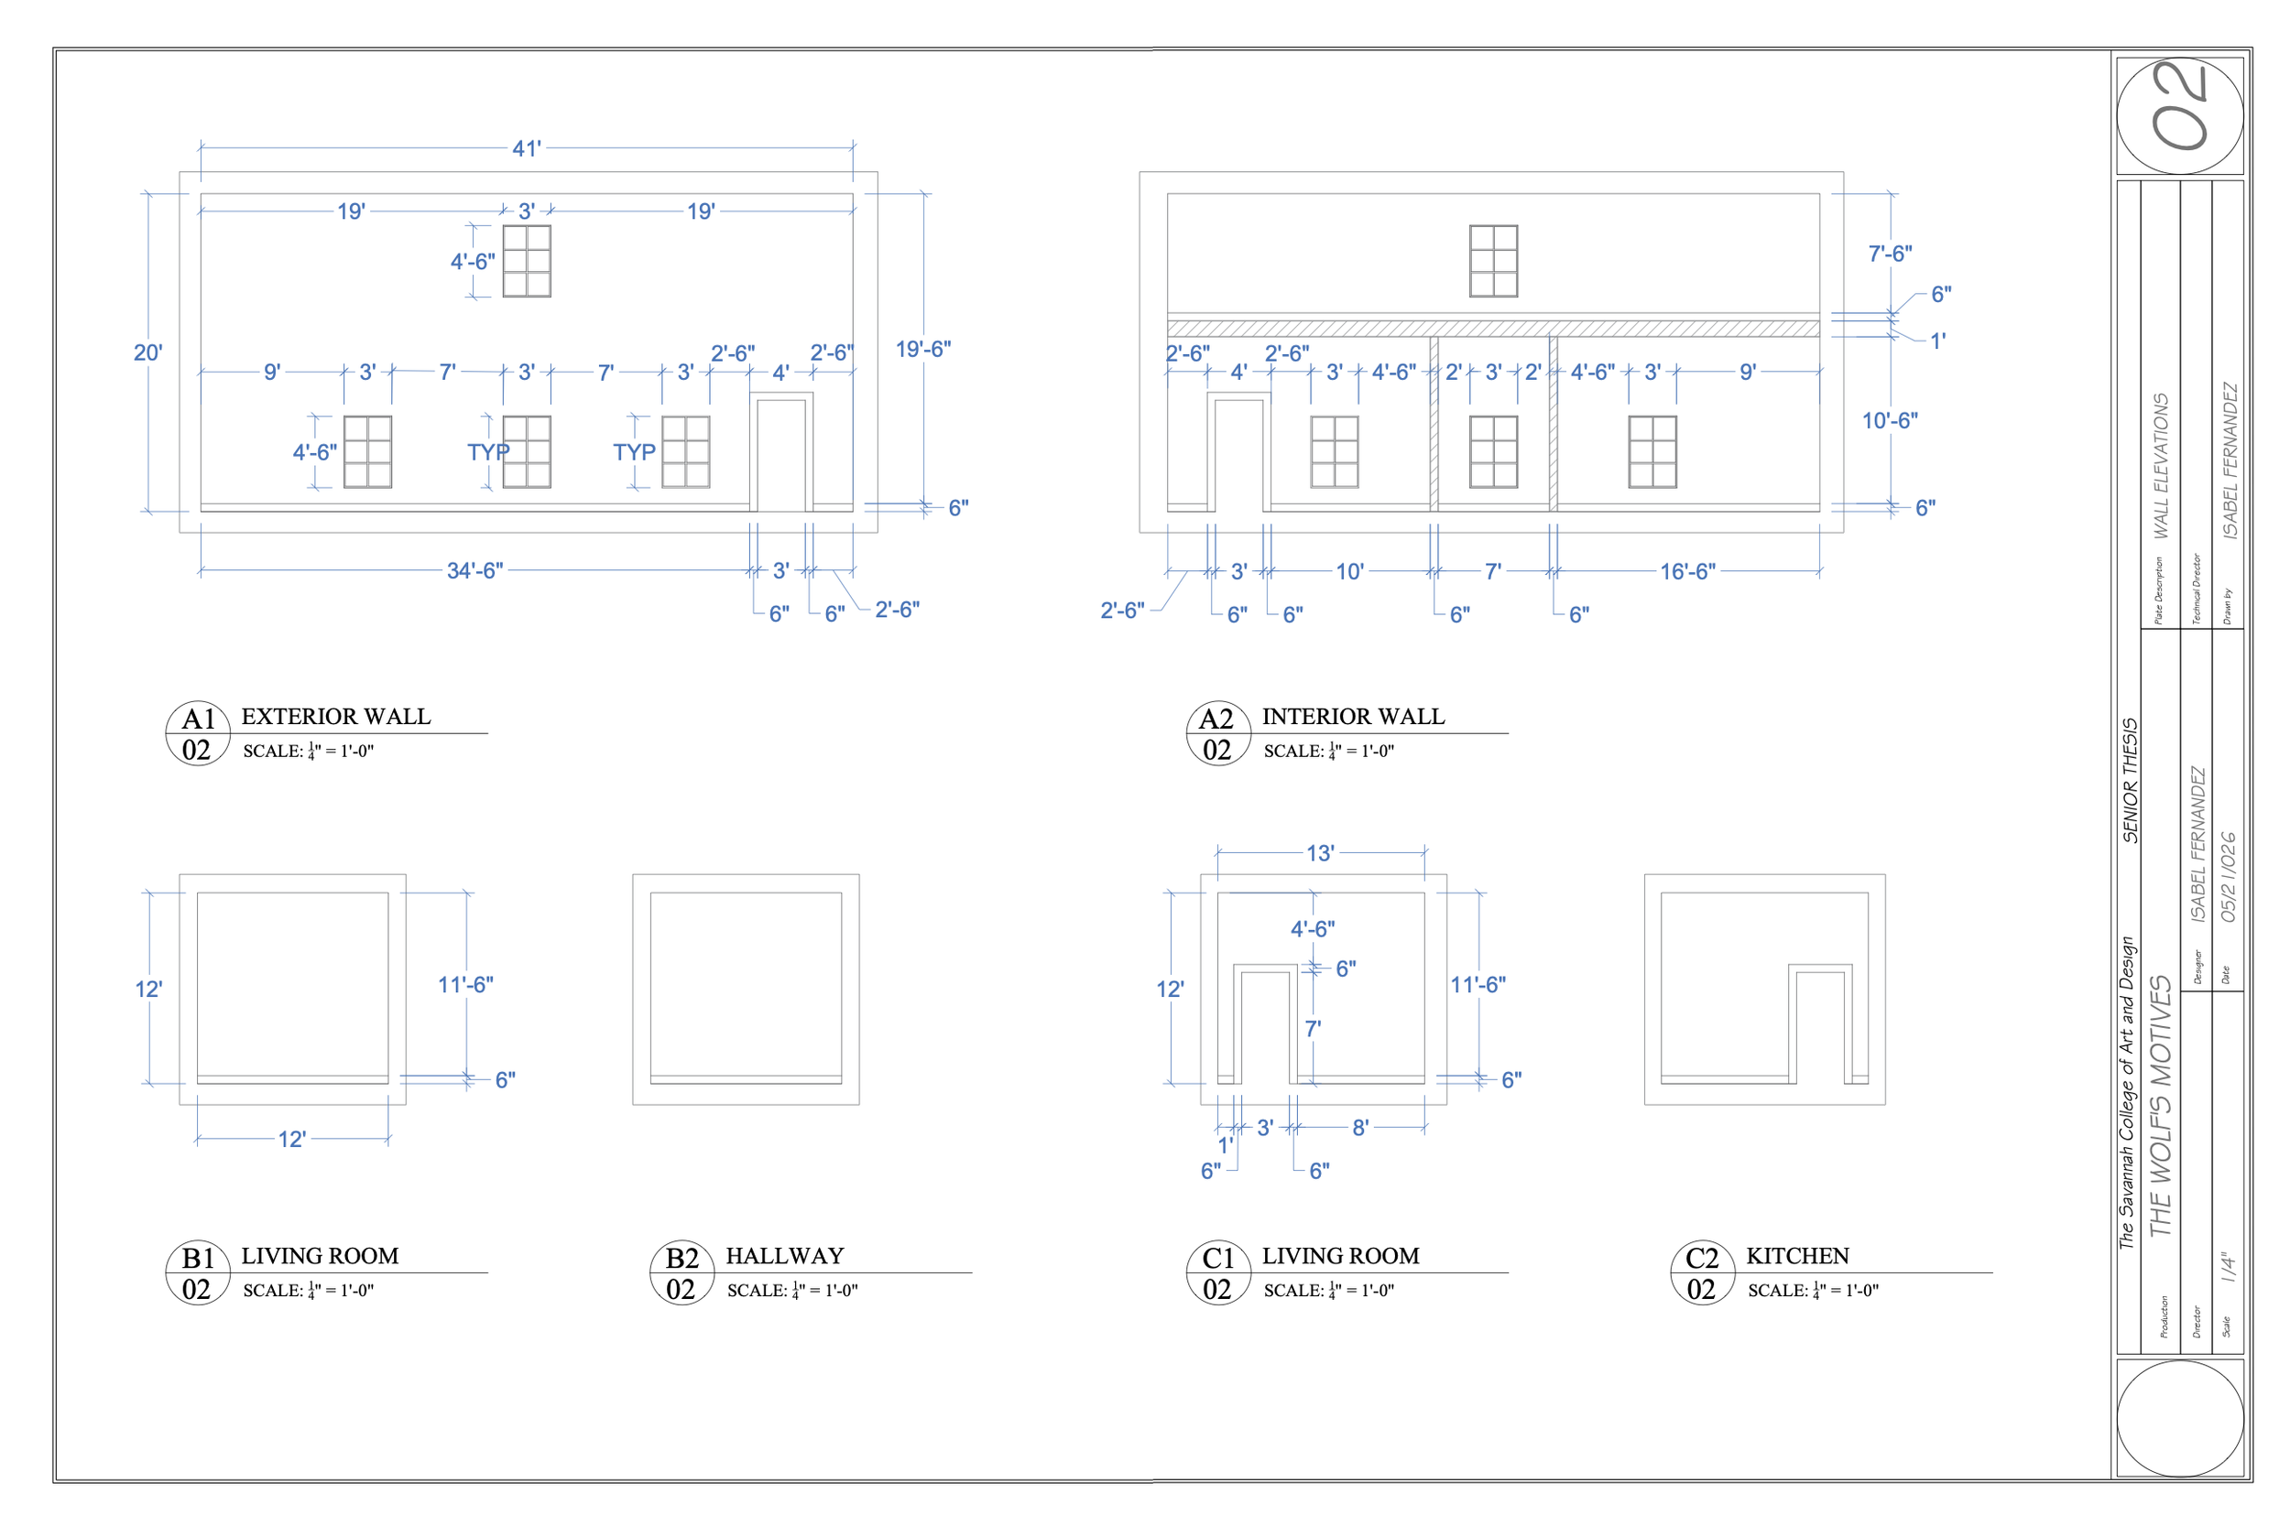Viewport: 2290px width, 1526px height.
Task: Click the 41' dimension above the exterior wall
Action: point(527,149)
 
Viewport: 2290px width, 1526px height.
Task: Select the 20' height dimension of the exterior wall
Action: point(148,352)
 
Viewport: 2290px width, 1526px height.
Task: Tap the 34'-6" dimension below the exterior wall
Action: point(475,571)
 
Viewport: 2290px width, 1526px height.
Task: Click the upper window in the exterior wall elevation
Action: point(527,261)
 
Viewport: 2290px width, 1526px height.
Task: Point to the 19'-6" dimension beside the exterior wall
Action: point(923,349)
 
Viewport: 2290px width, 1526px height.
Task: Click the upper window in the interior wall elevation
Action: point(1494,261)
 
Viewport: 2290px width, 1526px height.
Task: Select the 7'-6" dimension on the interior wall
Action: point(1890,253)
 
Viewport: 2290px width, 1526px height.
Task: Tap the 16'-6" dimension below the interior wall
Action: point(1688,571)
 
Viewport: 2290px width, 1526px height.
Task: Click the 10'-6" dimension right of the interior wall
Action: point(1890,420)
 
